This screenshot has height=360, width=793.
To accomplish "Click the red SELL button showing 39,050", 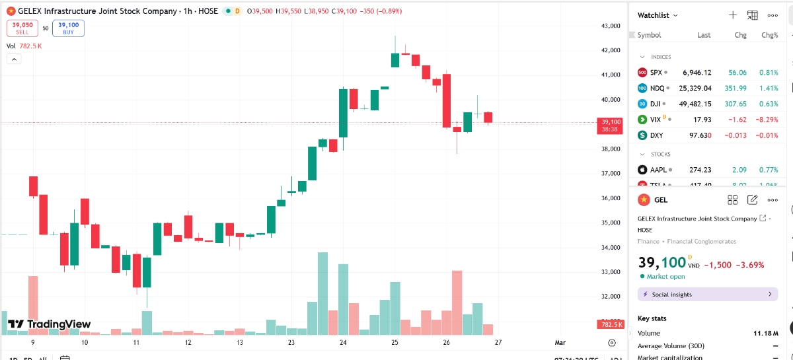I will click(x=22, y=28).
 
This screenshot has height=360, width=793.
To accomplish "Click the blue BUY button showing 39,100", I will click(x=68, y=28).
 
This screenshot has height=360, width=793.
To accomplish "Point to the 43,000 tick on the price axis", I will click(x=610, y=26).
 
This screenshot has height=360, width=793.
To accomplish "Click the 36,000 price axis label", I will click(x=610, y=198).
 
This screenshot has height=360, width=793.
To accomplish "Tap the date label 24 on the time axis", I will click(x=343, y=343).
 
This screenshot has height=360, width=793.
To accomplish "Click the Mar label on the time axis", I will click(x=560, y=343).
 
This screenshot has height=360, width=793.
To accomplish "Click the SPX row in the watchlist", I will click(x=707, y=73).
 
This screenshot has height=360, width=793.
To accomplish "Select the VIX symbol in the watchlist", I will click(x=656, y=120).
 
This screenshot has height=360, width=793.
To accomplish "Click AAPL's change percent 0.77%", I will click(x=769, y=170).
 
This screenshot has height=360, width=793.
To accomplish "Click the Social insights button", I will click(x=708, y=294).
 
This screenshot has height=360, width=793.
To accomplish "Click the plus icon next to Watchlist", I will click(x=732, y=15).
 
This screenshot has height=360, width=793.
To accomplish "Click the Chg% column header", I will click(x=770, y=35).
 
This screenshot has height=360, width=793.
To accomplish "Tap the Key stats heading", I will click(x=652, y=318).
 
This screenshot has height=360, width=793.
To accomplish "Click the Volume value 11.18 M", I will click(x=766, y=333).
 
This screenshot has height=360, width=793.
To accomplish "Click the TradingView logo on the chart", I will click(x=50, y=324).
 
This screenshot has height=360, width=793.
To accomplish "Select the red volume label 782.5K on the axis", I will click(x=610, y=324).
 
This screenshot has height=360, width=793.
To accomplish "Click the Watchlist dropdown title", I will click(x=658, y=15).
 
